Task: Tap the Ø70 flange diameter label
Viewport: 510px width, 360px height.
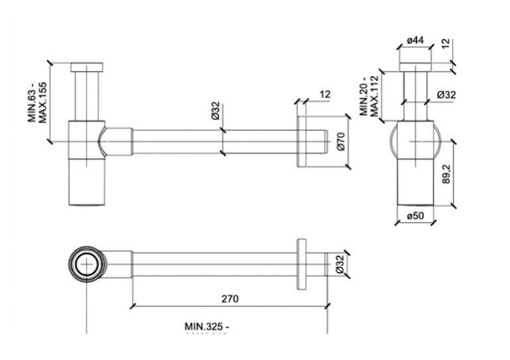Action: click(340, 143)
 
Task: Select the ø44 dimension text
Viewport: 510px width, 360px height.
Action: click(414, 40)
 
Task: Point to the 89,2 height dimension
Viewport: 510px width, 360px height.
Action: click(447, 175)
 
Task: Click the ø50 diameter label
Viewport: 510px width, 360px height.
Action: click(414, 215)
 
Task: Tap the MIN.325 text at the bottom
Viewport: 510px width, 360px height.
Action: click(207, 325)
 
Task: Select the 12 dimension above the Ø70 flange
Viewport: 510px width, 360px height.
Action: click(325, 95)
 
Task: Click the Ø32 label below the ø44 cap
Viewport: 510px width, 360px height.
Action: click(447, 94)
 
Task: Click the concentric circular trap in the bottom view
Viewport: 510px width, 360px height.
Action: click(86, 263)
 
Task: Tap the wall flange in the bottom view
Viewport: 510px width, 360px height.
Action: click(300, 264)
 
